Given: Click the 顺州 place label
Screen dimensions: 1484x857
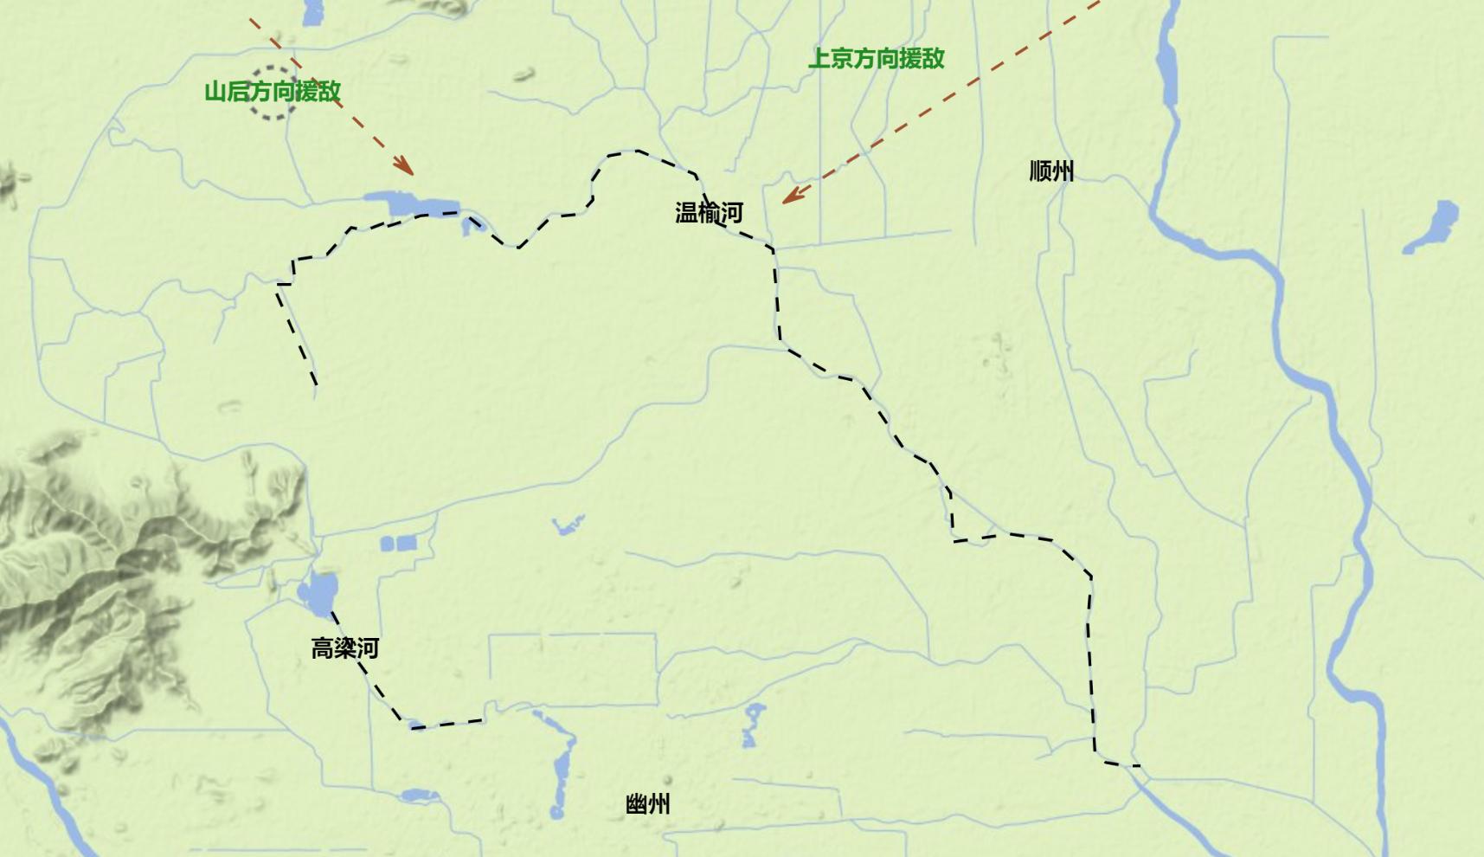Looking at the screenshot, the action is [x=1051, y=171].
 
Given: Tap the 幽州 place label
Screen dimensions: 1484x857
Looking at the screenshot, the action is [x=647, y=804].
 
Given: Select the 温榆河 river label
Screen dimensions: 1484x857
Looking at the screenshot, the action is [x=709, y=213].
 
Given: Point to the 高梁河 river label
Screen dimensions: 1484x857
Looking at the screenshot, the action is [x=344, y=648].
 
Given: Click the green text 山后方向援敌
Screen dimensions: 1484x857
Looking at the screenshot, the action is [x=273, y=91].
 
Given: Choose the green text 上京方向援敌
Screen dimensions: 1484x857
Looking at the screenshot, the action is [x=876, y=58].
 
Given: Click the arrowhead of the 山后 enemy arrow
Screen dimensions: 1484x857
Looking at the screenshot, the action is [x=405, y=167].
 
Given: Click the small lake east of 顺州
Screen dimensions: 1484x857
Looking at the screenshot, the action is [x=1437, y=224].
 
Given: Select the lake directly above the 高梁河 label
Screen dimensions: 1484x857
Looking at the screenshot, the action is [x=318, y=592].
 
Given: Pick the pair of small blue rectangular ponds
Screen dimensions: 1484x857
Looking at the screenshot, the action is [x=398, y=544].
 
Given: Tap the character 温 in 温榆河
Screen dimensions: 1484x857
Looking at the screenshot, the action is [x=686, y=213].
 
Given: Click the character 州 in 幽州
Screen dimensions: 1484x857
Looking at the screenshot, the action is [x=658, y=804].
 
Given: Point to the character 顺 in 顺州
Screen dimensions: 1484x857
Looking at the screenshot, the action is [x=1040, y=171].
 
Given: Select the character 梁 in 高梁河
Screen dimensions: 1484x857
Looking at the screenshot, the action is [x=344, y=648].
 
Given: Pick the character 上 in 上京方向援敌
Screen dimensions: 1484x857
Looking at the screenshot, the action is [x=819, y=58].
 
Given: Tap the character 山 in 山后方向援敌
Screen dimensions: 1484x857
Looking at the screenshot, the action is [x=215, y=91].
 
